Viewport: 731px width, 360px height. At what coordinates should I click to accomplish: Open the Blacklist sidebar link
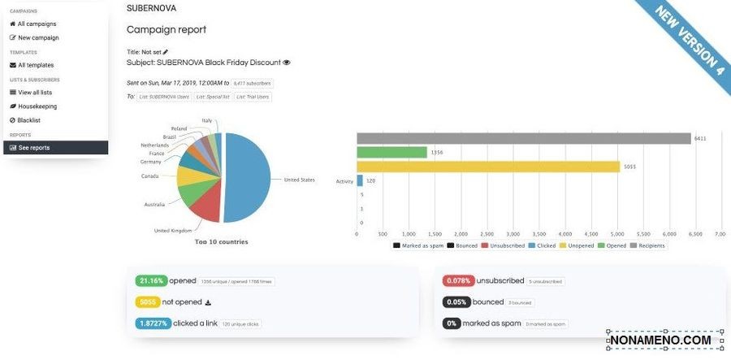point(29,120)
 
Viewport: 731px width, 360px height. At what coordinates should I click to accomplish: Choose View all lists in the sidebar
point(35,93)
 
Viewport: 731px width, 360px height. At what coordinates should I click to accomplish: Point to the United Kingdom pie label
point(172,230)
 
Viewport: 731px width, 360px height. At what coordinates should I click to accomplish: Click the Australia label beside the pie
point(155,204)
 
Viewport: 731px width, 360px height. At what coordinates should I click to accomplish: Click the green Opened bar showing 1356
point(391,152)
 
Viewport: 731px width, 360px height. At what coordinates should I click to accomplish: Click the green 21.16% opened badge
point(151,280)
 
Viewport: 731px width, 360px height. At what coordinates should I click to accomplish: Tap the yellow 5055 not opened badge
point(147,302)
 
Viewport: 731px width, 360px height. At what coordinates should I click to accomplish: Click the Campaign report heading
point(167,30)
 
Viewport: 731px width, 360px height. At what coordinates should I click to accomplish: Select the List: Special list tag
point(213,97)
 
